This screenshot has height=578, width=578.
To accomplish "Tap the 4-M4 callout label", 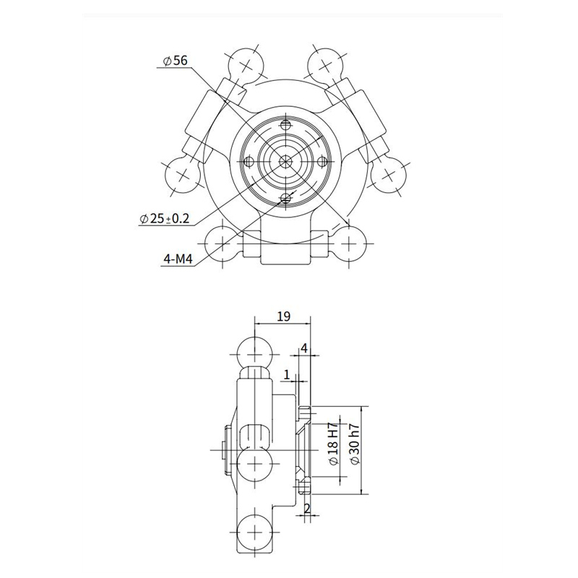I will pyautogui.click(x=174, y=259).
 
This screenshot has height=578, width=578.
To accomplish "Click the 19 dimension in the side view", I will pyautogui.click(x=284, y=316).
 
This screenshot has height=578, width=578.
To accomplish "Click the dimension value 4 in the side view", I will pyautogui.click(x=304, y=348).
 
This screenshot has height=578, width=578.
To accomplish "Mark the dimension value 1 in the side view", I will pyautogui.click(x=287, y=374).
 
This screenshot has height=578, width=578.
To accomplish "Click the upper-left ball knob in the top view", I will pyautogui.click(x=246, y=64).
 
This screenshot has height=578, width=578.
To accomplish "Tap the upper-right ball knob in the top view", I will pyautogui.click(x=325, y=64).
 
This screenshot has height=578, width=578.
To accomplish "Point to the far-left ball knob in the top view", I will pyautogui.click(x=182, y=174).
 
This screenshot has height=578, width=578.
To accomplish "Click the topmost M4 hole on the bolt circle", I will pyautogui.click(x=286, y=125).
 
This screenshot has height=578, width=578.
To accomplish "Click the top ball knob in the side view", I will pyautogui.click(x=255, y=354).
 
